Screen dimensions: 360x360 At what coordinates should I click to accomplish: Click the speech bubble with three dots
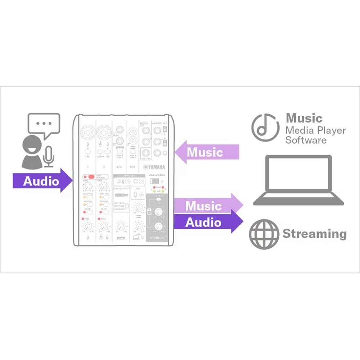coord(44,124)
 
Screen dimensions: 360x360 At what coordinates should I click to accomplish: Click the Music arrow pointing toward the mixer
coord(207,152)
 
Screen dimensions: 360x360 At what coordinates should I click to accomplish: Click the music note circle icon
coord(265,127)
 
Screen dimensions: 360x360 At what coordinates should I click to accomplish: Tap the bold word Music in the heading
coord(304,118)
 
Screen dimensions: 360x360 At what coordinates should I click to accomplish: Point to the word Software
coord(306,140)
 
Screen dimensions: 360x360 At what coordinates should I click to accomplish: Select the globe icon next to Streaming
coord(264,234)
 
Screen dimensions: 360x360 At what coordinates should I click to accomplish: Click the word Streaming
coord(314,234)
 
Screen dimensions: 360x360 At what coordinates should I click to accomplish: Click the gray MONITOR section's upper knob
coord(158,212)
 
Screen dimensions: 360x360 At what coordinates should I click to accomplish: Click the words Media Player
coord(315,130)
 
